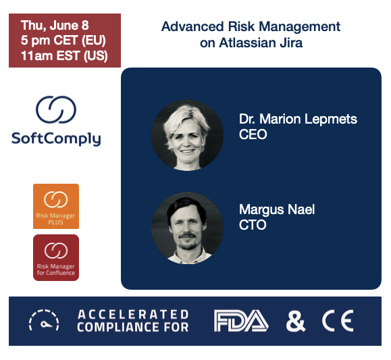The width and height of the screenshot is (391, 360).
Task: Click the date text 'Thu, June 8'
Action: pos(54,26)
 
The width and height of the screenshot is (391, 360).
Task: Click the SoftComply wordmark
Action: pos(56,139)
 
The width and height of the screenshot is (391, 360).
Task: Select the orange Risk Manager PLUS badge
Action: pos(56,206)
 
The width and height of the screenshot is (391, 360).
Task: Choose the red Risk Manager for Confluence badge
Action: pos(56,257)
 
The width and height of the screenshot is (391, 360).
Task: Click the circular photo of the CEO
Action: pos(187,134)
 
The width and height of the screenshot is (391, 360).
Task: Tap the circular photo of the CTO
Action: pos(187,227)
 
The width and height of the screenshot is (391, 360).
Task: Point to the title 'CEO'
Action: pos(253,134)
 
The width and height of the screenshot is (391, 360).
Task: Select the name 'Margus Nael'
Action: pos(277,209)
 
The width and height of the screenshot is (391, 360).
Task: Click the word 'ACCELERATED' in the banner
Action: pos(133,314)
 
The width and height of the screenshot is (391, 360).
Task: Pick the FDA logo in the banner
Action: pos(241,321)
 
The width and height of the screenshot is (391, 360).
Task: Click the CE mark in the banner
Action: pos(337,321)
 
